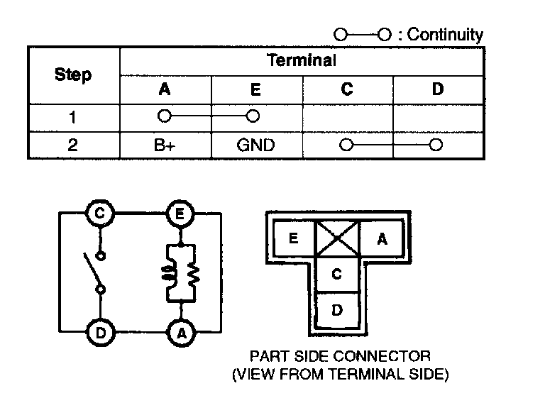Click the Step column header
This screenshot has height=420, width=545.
(73, 74)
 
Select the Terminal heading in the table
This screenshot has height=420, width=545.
(301, 60)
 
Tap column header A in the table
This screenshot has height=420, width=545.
(165, 89)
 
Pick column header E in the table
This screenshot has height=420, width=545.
(255, 89)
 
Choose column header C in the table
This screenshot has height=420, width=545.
(346, 89)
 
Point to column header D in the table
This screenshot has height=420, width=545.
(437, 89)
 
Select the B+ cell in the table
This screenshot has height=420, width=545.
(165, 145)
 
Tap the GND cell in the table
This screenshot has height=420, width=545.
(255, 145)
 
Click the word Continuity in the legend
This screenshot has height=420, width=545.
(446, 35)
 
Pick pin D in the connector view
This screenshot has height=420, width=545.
(337, 310)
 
